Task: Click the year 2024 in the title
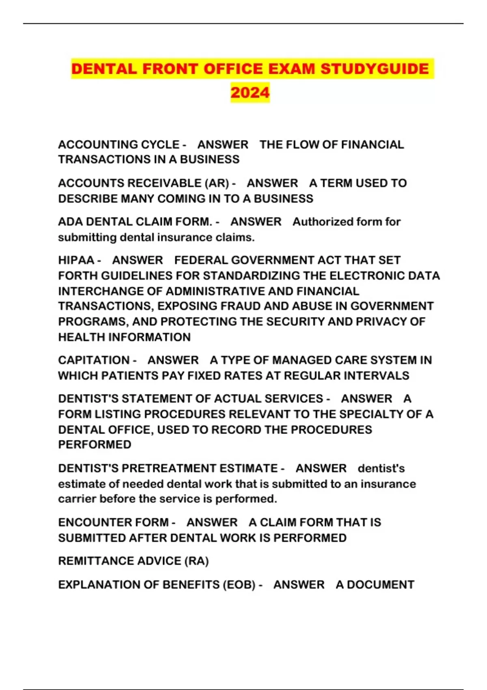(250, 93)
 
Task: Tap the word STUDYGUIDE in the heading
(375, 69)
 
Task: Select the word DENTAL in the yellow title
(104, 69)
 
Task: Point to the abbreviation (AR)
(218, 183)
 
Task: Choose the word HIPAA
(76, 260)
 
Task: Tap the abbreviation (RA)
(196, 561)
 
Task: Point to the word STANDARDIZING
(251, 276)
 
